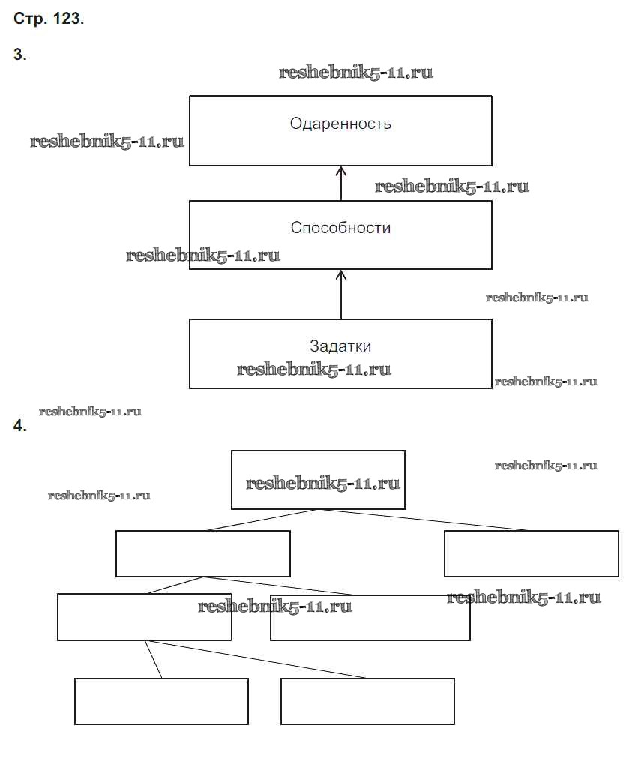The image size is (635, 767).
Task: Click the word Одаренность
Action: pos(340,124)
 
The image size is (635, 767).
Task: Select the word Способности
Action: pos(340,227)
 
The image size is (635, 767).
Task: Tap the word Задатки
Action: pos(340,346)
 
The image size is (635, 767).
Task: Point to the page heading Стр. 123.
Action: pos(49,20)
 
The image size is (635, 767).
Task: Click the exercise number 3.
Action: pos(20,55)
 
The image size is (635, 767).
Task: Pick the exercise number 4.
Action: pos(20,427)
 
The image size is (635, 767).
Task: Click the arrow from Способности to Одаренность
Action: pos(341,183)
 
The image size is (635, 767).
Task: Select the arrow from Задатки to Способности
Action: pos(341,294)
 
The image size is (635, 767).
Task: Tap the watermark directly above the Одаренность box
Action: pos(356,73)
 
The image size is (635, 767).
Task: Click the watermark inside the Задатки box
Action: pos(314,369)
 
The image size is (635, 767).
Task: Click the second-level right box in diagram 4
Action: pos(531,553)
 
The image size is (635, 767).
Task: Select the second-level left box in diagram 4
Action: pos(202,553)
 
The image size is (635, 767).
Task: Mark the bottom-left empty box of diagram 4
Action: pos(161,701)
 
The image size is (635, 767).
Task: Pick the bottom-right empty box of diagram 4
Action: pos(367,701)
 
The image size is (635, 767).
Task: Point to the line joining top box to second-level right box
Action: pos(424,520)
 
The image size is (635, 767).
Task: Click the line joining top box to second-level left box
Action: pos(262,520)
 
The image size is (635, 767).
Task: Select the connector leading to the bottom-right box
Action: pos(255,659)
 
